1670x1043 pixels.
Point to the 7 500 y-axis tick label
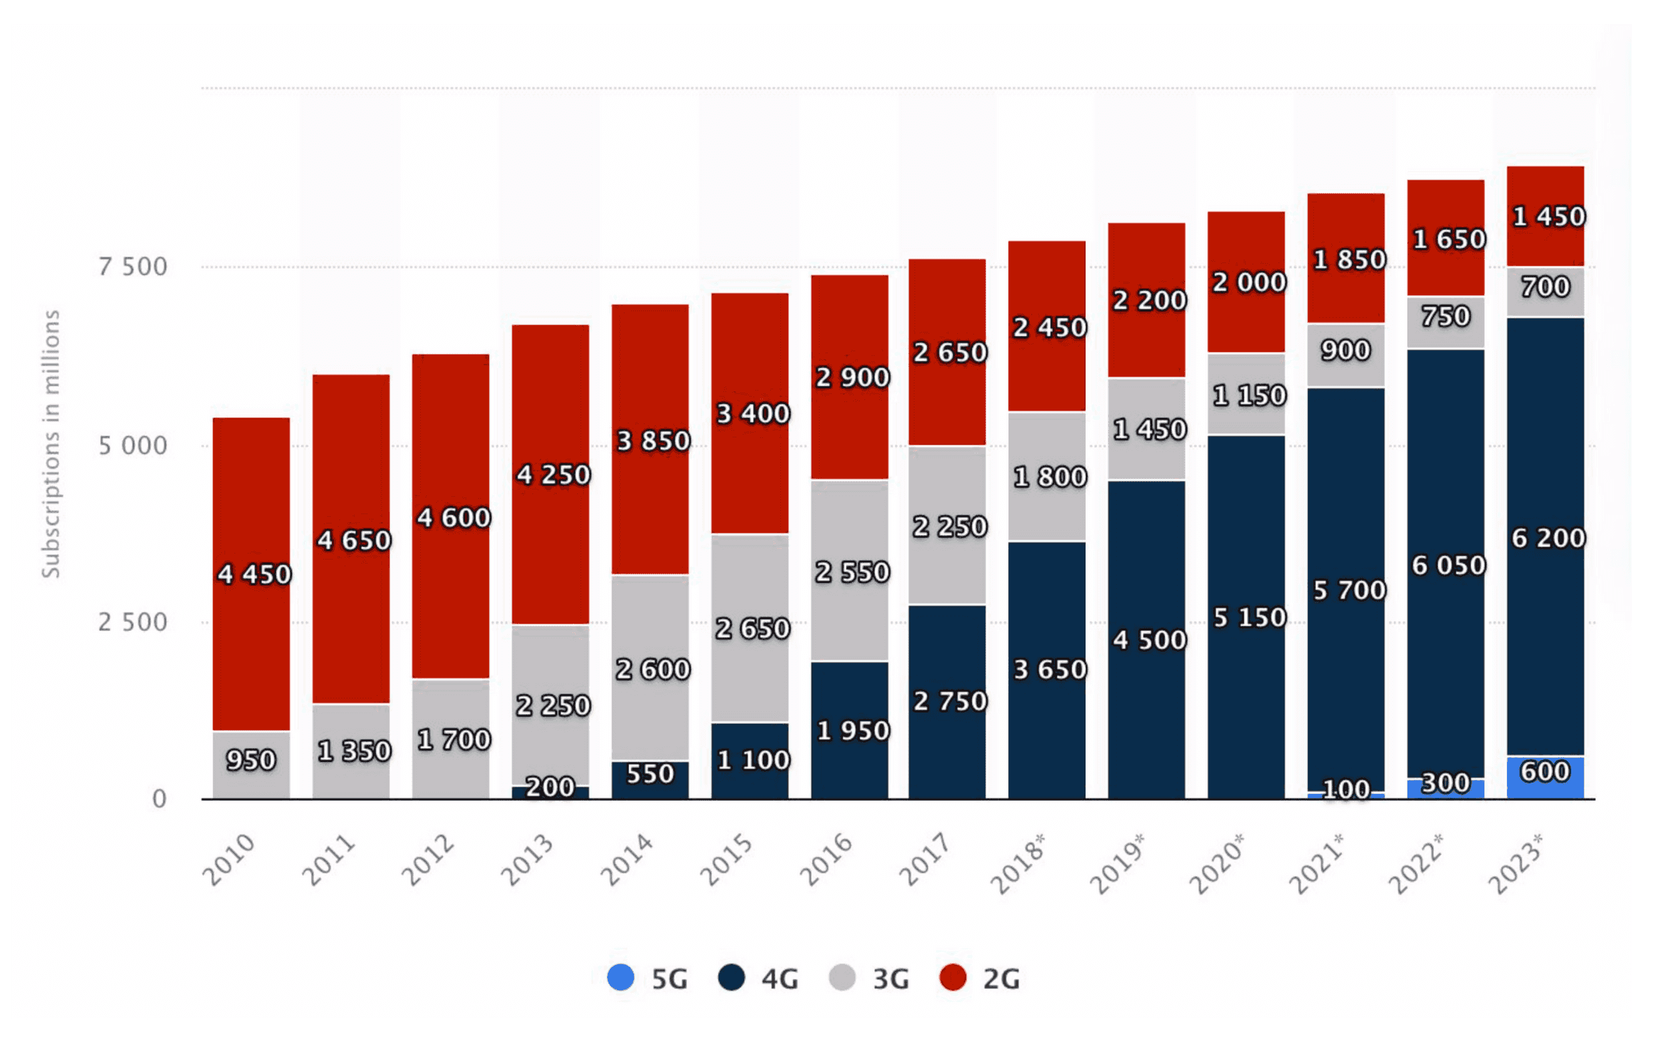point(132,267)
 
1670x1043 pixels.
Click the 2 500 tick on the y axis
point(132,622)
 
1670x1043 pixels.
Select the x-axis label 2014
point(625,859)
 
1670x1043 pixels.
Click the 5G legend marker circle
point(621,978)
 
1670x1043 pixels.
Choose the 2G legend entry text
point(1001,979)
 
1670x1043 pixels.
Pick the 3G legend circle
point(842,978)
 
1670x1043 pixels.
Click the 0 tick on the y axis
point(160,799)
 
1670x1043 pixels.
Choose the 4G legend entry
point(758,979)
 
